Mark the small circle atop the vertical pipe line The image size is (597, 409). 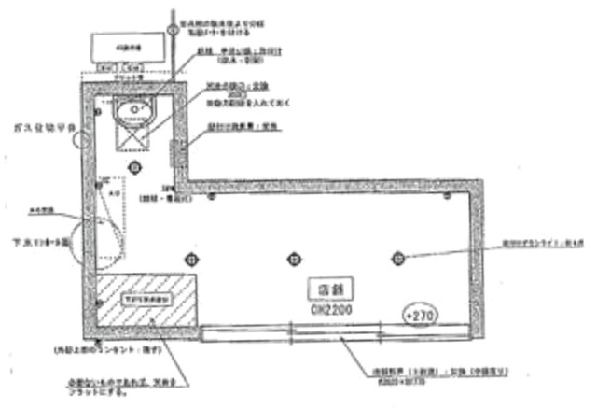point(174,29)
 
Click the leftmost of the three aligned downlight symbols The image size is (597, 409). point(193,258)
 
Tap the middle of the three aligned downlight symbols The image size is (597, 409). point(295,258)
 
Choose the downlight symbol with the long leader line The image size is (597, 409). point(397,257)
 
